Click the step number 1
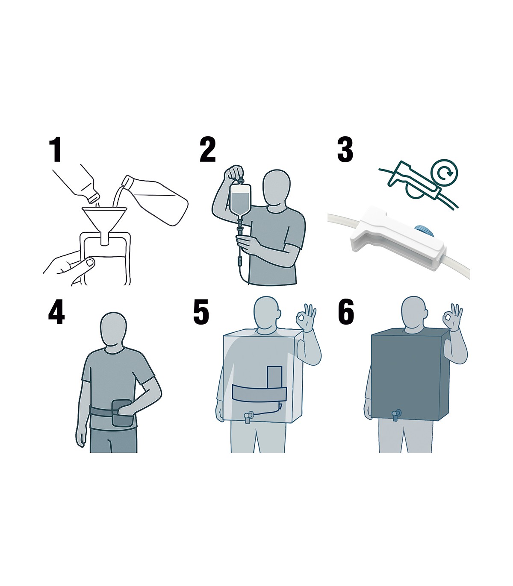coord(55,149)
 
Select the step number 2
coord(207,149)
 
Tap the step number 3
coord(345,149)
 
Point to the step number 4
coord(56,312)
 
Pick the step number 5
coord(201,312)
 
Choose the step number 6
coord(346,312)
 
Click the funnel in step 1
coord(104,224)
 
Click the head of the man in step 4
coord(113,331)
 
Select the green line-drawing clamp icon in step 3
coord(419,183)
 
